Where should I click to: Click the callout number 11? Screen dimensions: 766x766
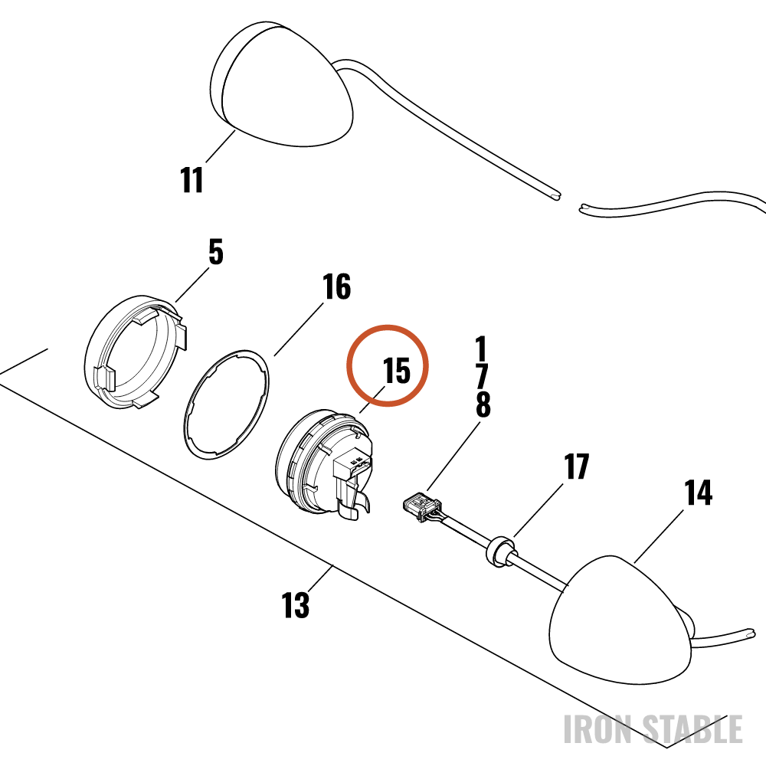click(x=191, y=180)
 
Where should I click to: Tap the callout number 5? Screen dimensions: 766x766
click(x=216, y=252)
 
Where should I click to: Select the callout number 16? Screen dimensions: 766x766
click(x=336, y=286)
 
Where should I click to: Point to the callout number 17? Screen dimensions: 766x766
click(x=577, y=466)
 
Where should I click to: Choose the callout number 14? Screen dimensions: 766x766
click(x=698, y=493)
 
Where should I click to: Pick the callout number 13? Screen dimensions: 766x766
click(x=296, y=605)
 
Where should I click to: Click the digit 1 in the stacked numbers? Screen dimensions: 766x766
click(x=482, y=349)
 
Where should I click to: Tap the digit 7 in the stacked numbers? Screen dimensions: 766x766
click(x=482, y=377)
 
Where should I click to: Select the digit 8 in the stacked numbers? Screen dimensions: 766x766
click(x=483, y=405)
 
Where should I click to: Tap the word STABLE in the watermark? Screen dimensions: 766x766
click(x=692, y=729)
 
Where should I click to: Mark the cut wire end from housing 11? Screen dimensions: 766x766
click(x=556, y=196)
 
